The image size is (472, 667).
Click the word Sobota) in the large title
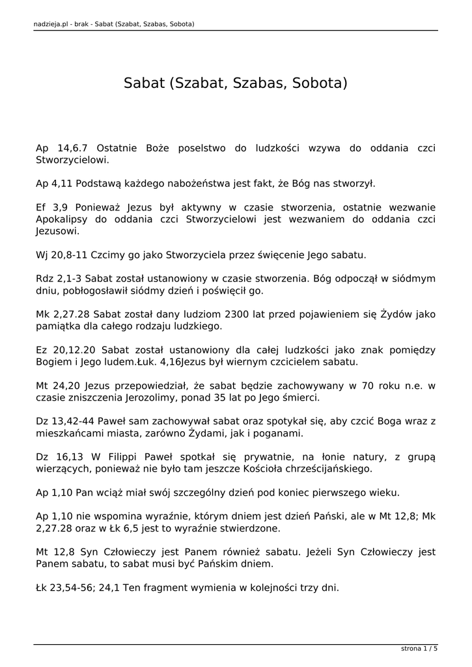(x=320, y=84)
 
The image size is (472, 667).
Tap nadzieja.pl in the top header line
(x=52, y=24)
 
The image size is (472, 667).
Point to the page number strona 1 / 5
(x=419, y=648)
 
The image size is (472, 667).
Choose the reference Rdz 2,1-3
(x=59, y=278)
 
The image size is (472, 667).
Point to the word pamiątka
(x=59, y=326)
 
